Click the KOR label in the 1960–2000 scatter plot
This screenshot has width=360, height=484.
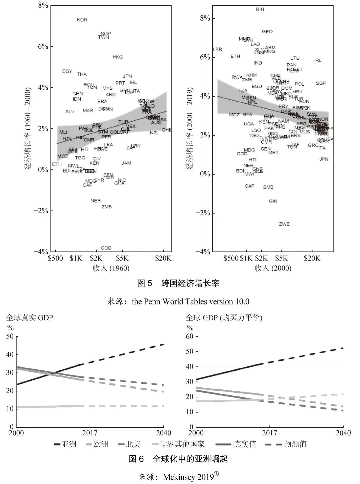tap(82, 20)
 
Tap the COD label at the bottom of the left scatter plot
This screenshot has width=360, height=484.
tap(106, 248)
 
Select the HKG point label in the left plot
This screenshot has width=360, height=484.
tap(118, 57)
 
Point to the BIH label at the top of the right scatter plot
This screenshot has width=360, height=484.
tap(260, 10)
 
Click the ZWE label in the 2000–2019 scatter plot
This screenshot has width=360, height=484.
tap(284, 224)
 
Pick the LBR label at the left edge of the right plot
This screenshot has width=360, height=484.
tap(217, 50)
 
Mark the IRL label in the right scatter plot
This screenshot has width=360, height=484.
tap(318, 60)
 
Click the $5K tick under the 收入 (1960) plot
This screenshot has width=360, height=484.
tap(122, 258)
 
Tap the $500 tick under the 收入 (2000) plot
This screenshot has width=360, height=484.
tap(231, 258)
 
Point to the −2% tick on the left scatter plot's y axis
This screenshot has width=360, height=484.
tap(41, 211)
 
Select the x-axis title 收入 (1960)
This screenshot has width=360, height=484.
tap(111, 268)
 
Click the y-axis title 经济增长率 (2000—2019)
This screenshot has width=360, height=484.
tap(190, 129)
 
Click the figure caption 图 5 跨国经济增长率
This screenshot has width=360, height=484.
tap(178, 283)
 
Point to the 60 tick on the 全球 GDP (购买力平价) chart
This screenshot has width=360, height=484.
tap(189, 336)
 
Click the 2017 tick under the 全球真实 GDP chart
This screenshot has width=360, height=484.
tap(90, 433)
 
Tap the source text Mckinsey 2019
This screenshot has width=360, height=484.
tap(188, 477)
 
